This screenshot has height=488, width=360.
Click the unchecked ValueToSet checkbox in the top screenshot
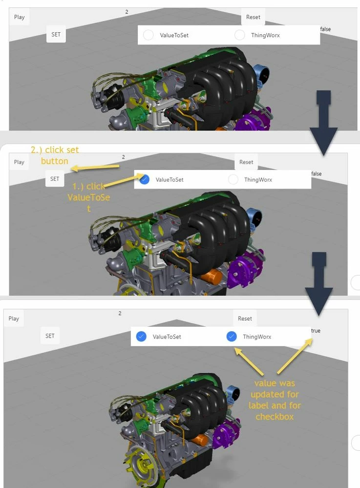pyautogui.click(x=148, y=35)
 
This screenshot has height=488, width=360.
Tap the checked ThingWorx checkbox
pyautogui.click(x=232, y=337)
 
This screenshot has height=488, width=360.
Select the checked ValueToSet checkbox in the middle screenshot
pyautogui.click(x=145, y=179)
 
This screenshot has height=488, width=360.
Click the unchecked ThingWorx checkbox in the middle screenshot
pyautogui.click(x=233, y=179)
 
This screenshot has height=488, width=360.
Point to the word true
pyautogui.click(x=316, y=331)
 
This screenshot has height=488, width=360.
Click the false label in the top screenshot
pyautogui.click(x=325, y=29)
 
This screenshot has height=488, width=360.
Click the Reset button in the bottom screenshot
pyautogui.click(x=245, y=318)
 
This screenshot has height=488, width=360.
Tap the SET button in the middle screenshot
pyautogui.click(x=54, y=179)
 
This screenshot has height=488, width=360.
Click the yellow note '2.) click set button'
pyautogui.click(x=55, y=155)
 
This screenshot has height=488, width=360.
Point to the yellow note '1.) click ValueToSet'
pyautogui.click(x=89, y=197)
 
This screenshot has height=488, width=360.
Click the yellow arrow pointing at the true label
pyautogui.click(x=295, y=356)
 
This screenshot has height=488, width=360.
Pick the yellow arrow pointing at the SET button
pyautogui.click(x=95, y=168)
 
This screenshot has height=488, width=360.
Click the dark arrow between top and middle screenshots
pyautogui.click(x=323, y=123)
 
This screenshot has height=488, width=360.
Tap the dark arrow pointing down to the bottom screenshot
pyautogui.click(x=319, y=284)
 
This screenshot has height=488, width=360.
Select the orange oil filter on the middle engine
pyautogui.click(x=212, y=276)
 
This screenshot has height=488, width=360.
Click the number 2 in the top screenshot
pyautogui.click(x=127, y=12)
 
